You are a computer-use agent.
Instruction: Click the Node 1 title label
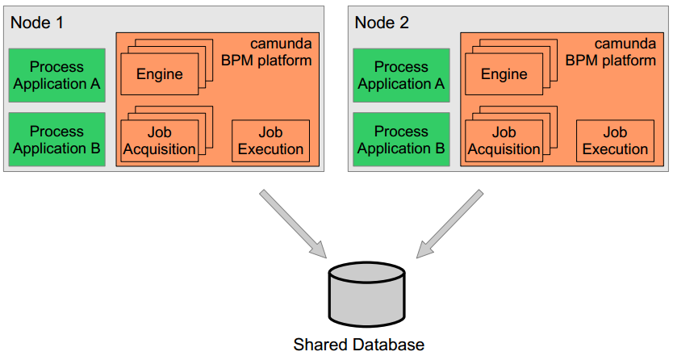coord(37,22)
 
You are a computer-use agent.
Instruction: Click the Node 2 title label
coord(382,22)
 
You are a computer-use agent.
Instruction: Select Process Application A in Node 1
coord(56,75)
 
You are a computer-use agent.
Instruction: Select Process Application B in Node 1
coord(56,140)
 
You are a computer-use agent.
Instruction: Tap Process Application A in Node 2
coord(401,75)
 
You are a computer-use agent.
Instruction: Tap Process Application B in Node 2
coord(401,140)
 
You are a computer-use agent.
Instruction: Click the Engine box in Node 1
coord(159,74)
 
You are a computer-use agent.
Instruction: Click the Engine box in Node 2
coord(504,74)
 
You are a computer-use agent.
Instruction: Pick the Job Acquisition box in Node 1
coord(159,141)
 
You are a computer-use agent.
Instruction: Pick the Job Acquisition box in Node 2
coord(504,141)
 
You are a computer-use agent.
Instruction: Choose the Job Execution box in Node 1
coord(270,141)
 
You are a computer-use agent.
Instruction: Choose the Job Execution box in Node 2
coord(615,141)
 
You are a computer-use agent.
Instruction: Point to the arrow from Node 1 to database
coord(292,224)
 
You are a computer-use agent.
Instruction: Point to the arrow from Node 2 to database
coord(449,224)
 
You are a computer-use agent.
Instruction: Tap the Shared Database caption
coord(358,345)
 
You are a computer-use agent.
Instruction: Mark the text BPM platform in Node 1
coord(266,60)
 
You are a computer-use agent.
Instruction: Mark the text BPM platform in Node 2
coord(611,60)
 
